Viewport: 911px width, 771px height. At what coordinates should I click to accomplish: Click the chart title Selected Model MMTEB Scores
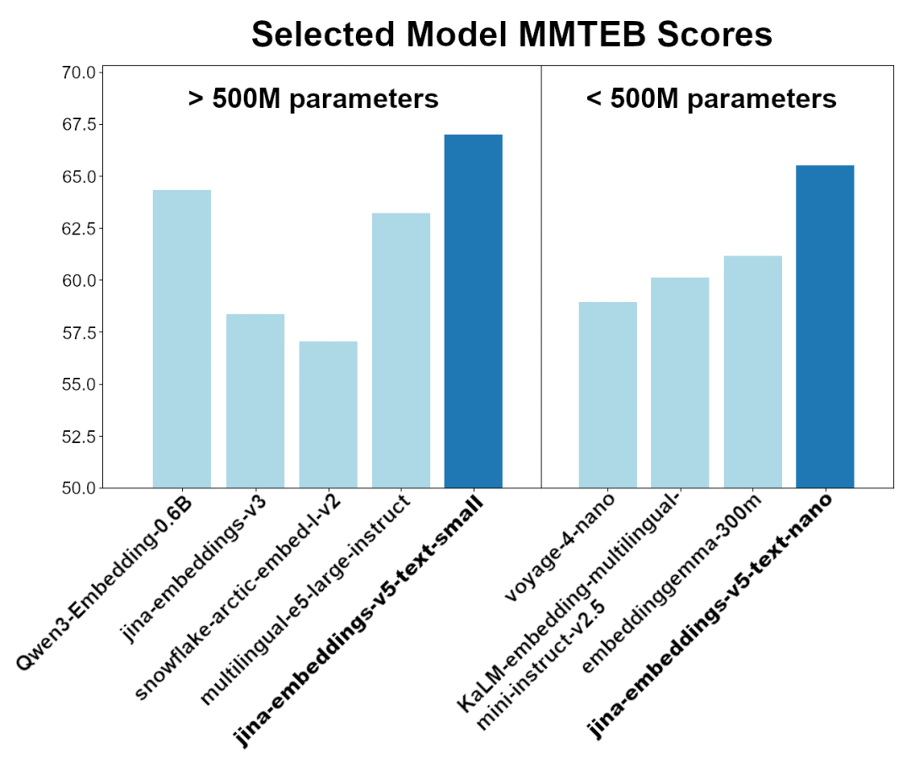pyautogui.click(x=511, y=35)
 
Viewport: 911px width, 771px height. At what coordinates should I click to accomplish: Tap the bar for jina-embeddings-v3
pyautogui.click(x=255, y=401)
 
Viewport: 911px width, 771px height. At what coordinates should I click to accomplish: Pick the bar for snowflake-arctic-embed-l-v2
pyautogui.click(x=328, y=414)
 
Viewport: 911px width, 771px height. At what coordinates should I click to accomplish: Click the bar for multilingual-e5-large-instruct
pyautogui.click(x=401, y=350)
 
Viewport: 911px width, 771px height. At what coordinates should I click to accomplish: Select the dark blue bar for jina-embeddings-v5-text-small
pyautogui.click(x=473, y=311)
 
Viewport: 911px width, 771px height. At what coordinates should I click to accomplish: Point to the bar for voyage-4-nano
pyautogui.click(x=607, y=395)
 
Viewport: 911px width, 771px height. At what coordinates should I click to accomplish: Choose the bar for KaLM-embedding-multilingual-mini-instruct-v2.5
pyautogui.click(x=680, y=382)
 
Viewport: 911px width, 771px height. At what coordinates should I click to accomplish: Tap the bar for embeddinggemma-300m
pyautogui.click(x=752, y=371)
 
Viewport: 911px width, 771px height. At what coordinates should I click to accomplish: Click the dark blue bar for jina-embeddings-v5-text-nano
pyautogui.click(x=825, y=326)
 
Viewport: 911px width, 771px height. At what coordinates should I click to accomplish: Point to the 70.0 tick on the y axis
pyautogui.click(x=78, y=73)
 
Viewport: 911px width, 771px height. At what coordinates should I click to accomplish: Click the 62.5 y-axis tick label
pyautogui.click(x=78, y=229)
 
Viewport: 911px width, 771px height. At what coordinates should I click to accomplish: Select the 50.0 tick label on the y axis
pyautogui.click(x=78, y=488)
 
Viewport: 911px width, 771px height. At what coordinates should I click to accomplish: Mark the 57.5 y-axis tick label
pyautogui.click(x=78, y=332)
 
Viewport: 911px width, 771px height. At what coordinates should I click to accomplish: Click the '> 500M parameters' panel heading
pyautogui.click(x=313, y=99)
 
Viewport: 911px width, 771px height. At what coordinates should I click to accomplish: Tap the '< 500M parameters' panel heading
pyautogui.click(x=711, y=99)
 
